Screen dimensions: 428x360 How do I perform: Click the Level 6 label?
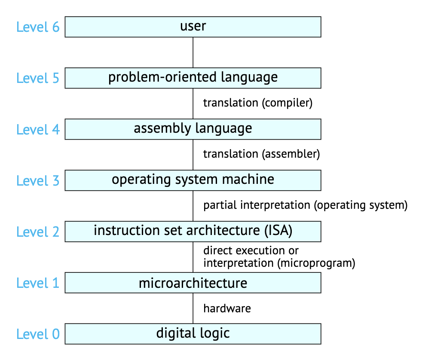[38, 27]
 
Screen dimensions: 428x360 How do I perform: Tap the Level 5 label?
[38, 78]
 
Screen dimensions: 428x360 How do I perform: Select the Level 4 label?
[38, 129]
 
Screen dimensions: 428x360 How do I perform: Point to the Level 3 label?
[38, 180]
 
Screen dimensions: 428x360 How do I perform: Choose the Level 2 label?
[38, 232]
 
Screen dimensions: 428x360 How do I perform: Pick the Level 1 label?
[38, 283]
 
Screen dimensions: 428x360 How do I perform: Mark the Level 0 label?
[38, 334]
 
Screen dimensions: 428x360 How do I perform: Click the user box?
[193, 27]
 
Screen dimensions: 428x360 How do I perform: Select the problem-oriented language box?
[193, 78]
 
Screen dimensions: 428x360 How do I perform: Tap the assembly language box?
[193, 129]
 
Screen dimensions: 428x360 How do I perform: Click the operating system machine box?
[193, 180]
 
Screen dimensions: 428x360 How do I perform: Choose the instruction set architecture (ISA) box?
[193, 232]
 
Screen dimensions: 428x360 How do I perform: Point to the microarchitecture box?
[193, 283]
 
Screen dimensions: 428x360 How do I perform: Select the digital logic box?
[193, 334]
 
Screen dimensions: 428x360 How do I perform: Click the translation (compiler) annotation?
[258, 103]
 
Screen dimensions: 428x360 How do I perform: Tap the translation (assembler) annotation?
[262, 154]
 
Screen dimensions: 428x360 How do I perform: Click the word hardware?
[227, 308]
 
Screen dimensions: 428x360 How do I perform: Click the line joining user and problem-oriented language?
[193, 52]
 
